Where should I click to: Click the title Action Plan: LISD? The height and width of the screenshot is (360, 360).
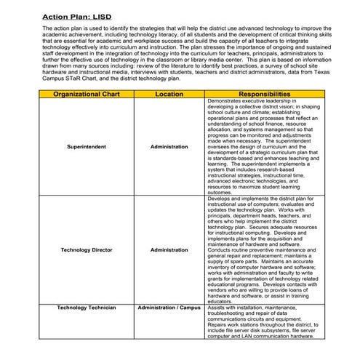click(77, 15)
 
